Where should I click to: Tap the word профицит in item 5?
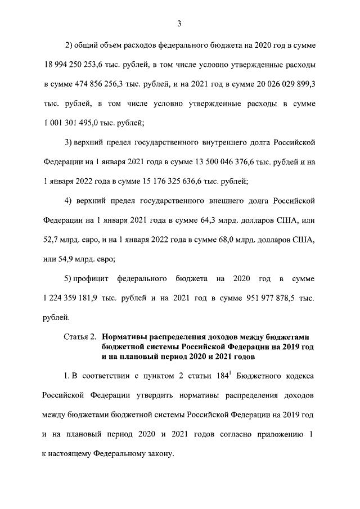(x=90, y=279)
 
